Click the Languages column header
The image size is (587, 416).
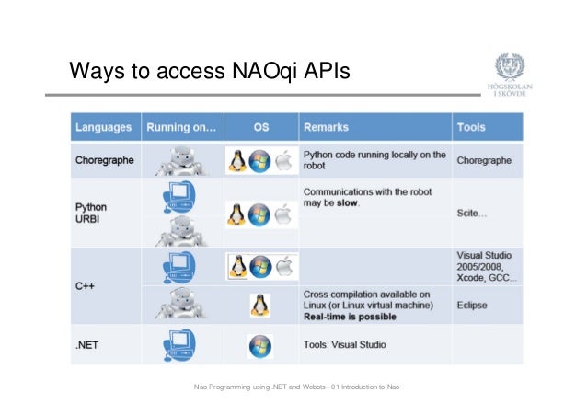click(103, 127)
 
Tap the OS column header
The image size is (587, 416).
click(260, 127)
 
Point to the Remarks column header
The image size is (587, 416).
click(328, 127)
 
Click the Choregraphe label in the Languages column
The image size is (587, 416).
click(105, 160)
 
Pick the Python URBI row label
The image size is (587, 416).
click(91, 213)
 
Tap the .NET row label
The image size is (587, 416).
click(89, 346)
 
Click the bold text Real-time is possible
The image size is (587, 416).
click(350, 317)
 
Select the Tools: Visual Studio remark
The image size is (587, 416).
click(345, 346)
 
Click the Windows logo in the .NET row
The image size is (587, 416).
click(260, 347)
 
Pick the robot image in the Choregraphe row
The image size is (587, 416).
click(183, 160)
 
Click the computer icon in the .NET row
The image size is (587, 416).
click(179, 344)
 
